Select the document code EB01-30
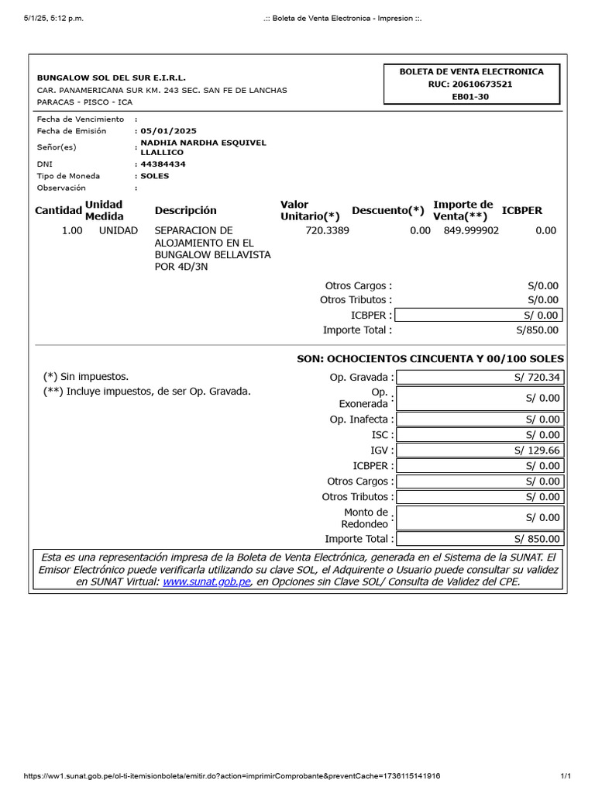[x=470, y=97]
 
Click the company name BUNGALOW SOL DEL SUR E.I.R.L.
[x=112, y=78]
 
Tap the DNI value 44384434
[x=163, y=164]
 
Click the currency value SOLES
[x=154, y=176]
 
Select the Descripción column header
[x=185, y=210]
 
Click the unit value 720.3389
[x=327, y=230]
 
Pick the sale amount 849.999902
[x=471, y=230]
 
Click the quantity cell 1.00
[x=72, y=230]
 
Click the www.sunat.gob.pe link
[x=207, y=582]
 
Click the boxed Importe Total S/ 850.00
[x=537, y=539]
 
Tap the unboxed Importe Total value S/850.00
[x=537, y=330]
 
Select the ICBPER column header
[x=522, y=210]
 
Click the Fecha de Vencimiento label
[x=81, y=119]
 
